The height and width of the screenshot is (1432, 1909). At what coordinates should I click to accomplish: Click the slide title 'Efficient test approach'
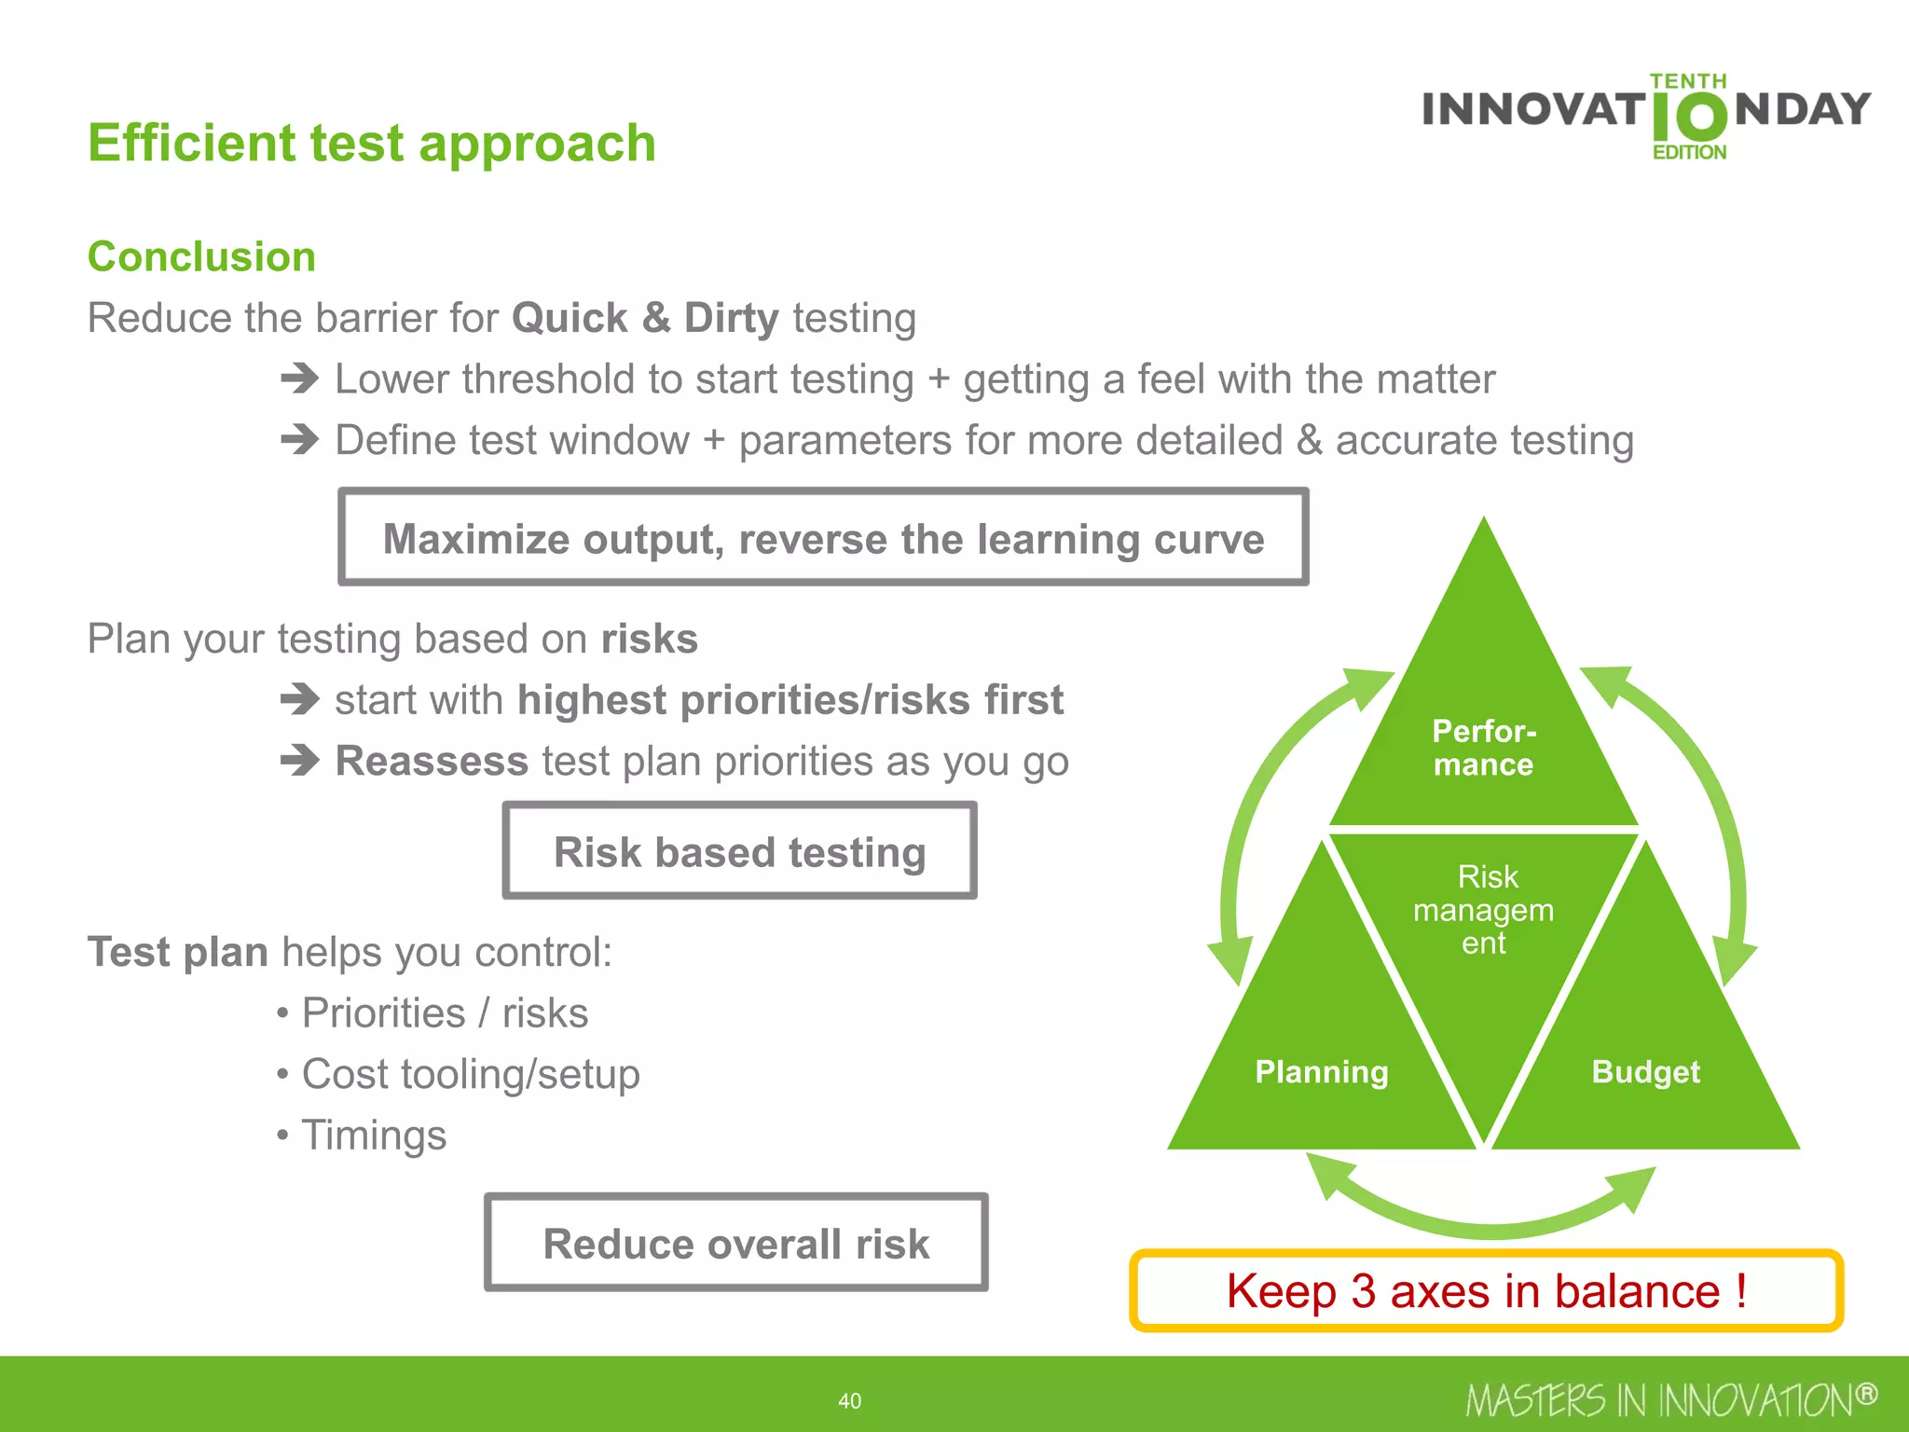(x=372, y=144)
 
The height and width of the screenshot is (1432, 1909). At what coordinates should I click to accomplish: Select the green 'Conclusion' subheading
(x=201, y=256)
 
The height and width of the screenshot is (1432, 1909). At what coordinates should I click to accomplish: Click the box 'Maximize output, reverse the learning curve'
(x=823, y=538)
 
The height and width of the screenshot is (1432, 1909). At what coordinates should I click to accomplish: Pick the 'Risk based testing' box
(x=739, y=851)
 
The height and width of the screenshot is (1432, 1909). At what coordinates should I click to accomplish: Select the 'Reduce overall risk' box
(x=735, y=1243)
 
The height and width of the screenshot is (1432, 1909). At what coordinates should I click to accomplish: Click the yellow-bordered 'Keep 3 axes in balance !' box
(x=1486, y=1291)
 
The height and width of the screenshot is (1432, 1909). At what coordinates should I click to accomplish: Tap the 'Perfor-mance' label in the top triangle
(x=1484, y=748)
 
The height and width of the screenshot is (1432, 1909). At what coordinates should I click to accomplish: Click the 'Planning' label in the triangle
(x=1322, y=1072)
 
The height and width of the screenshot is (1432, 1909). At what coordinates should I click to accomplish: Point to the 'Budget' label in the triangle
(x=1645, y=1072)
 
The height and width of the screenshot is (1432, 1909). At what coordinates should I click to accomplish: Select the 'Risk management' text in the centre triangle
(x=1484, y=910)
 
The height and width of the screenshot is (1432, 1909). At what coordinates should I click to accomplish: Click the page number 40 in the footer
(x=849, y=1400)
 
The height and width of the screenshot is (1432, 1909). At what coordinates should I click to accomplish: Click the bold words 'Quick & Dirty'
(x=645, y=318)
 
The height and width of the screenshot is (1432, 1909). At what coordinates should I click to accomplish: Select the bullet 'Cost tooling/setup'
(x=470, y=1074)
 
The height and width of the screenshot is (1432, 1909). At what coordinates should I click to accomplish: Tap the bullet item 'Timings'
(x=374, y=1136)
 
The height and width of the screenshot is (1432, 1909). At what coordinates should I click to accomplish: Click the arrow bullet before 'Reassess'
(x=300, y=761)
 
